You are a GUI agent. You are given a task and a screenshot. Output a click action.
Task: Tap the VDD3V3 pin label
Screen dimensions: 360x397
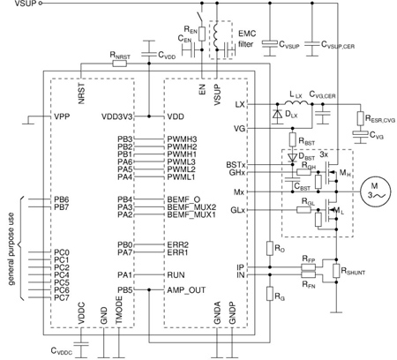[117, 116]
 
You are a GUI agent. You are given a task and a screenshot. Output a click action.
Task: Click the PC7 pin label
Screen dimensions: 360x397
[61, 297]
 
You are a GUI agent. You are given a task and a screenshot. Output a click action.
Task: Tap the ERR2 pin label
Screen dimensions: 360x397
[178, 244]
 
